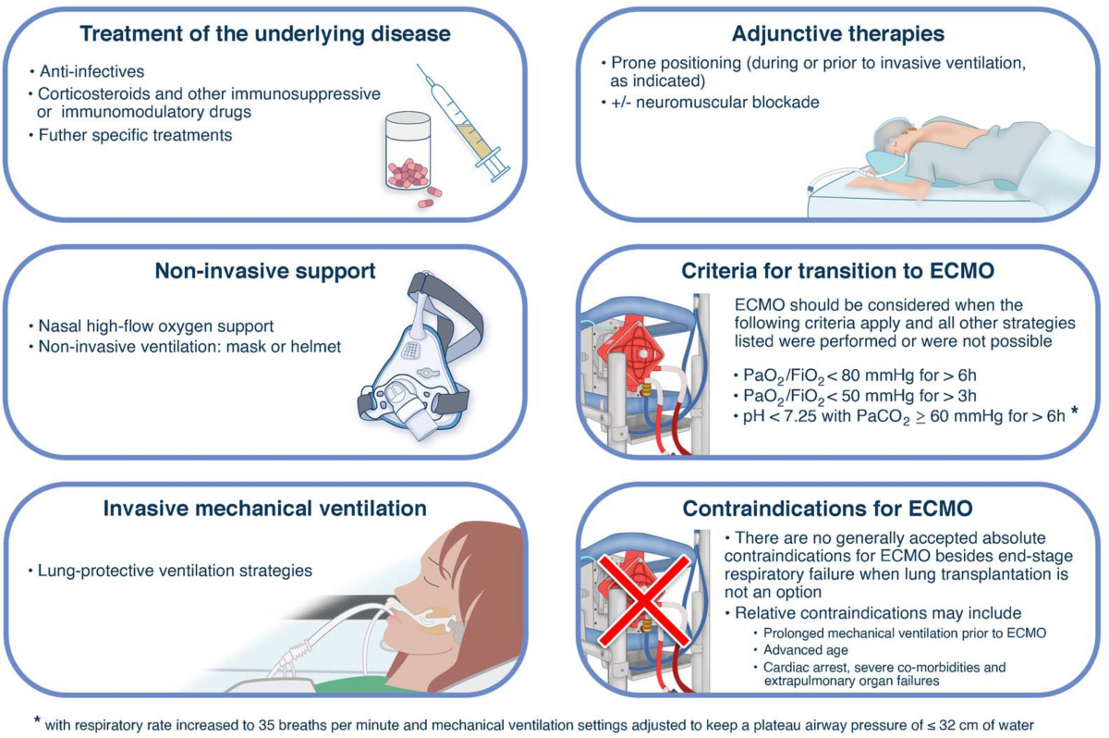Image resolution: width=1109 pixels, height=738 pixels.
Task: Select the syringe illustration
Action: (x=462, y=120)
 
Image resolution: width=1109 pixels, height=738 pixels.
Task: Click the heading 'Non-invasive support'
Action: (x=265, y=272)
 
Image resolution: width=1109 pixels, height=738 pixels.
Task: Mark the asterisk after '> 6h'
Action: (x=1074, y=412)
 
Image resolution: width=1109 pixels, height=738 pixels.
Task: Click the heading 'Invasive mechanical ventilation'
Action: (x=265, y=509)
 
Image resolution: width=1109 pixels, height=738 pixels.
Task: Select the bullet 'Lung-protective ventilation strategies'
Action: (x=176, y=571)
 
